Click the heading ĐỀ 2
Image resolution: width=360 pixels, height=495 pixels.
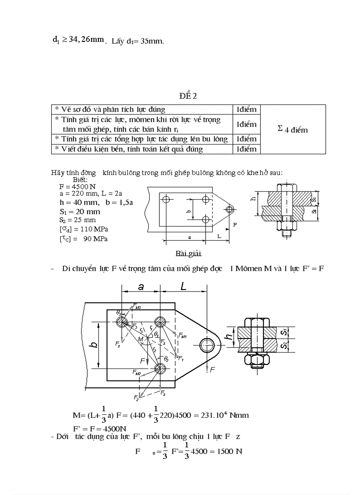click(x=187, y=97)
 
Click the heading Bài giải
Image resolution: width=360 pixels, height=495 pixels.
click(x=188, y=253)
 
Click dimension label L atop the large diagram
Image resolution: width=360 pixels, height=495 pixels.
click(x=184, y=287)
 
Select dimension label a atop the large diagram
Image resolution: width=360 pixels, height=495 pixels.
click(x=141, y=287)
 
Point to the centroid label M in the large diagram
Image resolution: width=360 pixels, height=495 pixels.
click(x=140, y=339)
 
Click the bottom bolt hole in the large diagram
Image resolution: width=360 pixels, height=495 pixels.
click(x=160, y=368)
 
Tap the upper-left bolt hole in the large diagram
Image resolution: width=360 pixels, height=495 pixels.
click(x=122, y=321)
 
